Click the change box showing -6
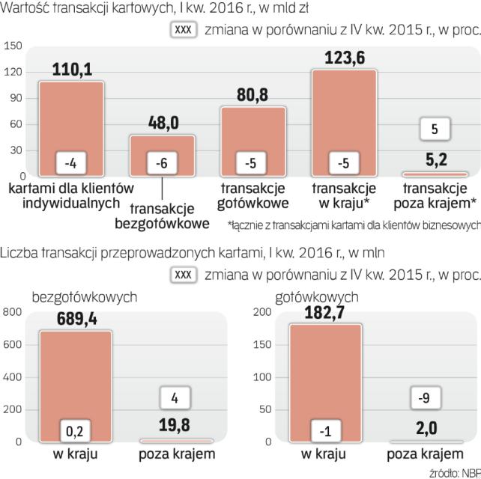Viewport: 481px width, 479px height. pyautogui.click(x=163, y=162)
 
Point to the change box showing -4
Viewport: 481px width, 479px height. pyautogui.click(x=71, y=162)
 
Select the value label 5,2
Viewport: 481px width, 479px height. pyautogui.click(x=435, y=159)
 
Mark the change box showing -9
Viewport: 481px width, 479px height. pyautogui.click(x=424, y=399)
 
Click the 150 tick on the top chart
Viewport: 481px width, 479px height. pyautogui.click(x=13, y=46)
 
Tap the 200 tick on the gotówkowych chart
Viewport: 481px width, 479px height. pyautogui.click(x=263, y=312)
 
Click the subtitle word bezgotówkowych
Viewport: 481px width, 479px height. pyautogui.click(x=83, y=296)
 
